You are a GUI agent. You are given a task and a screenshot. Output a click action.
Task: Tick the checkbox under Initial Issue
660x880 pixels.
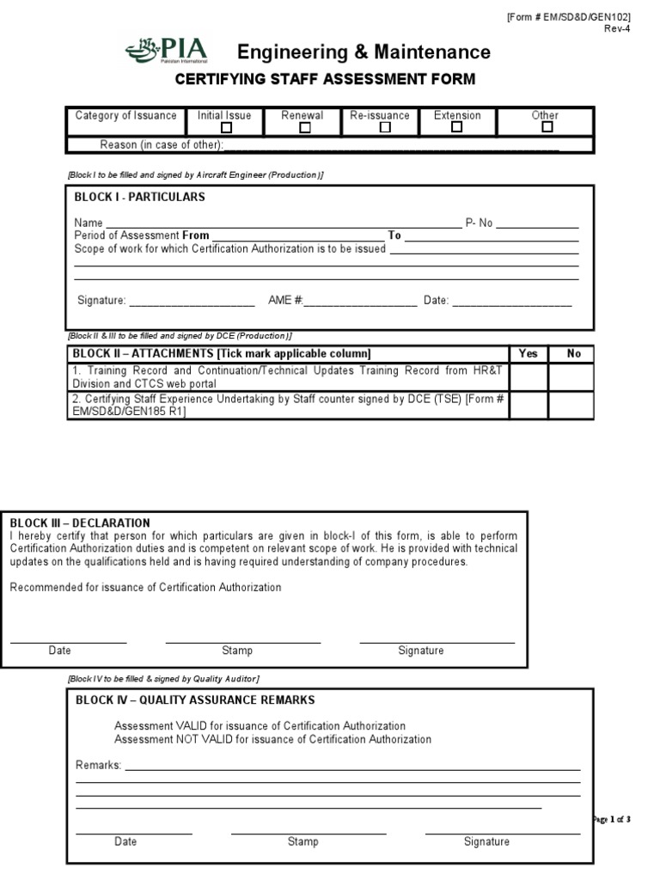[x=226, y=128]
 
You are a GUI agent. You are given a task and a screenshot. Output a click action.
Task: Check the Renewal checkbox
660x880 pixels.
[x=304, y=128]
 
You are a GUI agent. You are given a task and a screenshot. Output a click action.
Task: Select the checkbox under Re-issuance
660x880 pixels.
[x=385, y=128]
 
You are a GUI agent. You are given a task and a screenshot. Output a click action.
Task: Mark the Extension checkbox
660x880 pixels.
[x=457, y=127]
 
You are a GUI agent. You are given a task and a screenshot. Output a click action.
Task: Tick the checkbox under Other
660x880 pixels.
[x=547, y=127]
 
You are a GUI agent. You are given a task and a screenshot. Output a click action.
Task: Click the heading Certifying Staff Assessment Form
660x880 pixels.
[x=325, y=80]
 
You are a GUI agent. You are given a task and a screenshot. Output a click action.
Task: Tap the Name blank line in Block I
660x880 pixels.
[x=284, y=223]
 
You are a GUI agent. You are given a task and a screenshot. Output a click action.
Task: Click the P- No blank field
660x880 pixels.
[x=538, y=223]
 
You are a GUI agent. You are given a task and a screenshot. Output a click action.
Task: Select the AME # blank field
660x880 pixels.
[x=360, y=302]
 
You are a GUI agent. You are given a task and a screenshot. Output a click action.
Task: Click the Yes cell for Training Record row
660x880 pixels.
[x=529, y=377]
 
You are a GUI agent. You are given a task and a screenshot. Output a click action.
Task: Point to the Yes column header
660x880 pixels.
[x=529, y=353]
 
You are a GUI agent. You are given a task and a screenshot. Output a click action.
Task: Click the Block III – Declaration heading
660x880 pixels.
[x=80, y=522]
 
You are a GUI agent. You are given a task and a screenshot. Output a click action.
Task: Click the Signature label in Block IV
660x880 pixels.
[x=486, y=841]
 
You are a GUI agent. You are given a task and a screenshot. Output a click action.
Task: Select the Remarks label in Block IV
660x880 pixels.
[x=98, y=765]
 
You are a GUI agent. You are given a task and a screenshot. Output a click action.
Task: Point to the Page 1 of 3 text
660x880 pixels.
[x=611, y=819]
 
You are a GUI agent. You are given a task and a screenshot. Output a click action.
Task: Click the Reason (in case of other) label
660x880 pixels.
[x=162, y=144]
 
